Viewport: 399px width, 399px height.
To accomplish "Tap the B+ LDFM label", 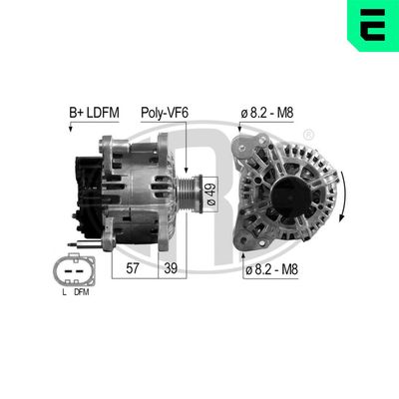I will (91, 114).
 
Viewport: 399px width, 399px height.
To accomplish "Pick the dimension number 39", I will (172, 269).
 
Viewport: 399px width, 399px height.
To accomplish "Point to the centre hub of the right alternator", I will (287, 192).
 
